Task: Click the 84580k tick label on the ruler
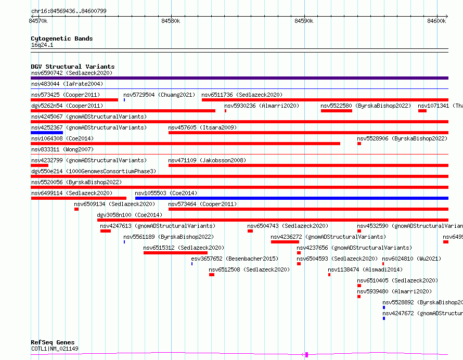(171, 21)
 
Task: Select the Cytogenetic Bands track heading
(61, 38)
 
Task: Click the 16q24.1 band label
(42, 45)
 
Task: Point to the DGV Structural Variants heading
(72, 67)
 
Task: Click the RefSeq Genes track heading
(53, 342)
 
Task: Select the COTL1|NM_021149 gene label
(55, 349)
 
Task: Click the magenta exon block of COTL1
(307, 355)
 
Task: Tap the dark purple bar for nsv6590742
(239, 78)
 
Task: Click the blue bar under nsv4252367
(47, 133)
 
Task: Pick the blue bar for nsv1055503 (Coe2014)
(291, 198)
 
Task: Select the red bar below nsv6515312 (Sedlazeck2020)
(175, 253)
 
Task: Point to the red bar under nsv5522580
(336, 111)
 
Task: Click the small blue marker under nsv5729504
(124, 99)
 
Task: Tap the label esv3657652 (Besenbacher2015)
(235, 259)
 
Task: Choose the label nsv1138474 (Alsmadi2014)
(365, 269)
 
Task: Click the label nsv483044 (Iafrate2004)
(67, 84)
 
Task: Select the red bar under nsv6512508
(211, 275)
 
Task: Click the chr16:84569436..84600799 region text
(69, 10)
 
